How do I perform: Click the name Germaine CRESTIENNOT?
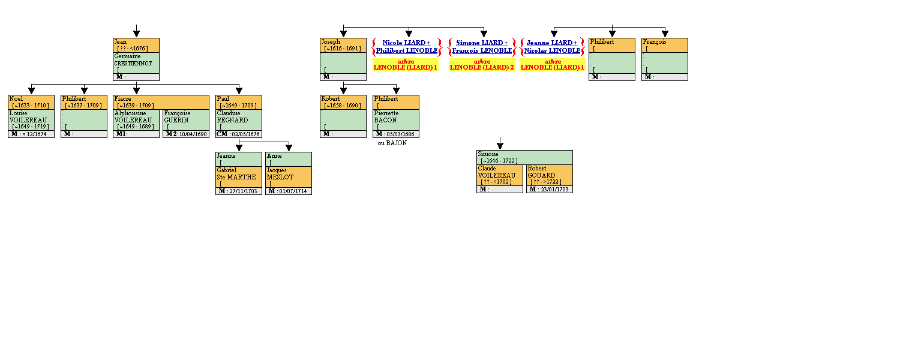[x=133, y=59]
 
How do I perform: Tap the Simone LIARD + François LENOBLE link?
[x=482, y=47]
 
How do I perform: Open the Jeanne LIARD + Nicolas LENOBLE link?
[x=552, y=47]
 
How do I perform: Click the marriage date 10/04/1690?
[x=193, y=134]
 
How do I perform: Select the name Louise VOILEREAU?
[x=28, y=116]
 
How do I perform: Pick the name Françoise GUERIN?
[x=178, y=116]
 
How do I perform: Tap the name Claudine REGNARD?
[x=232, y=116]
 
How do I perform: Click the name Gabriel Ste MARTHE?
[x=236, y=173]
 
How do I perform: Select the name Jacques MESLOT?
[x=280, y=173]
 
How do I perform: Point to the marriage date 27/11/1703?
[x=243, y=191]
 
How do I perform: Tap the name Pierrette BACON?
[x=386, y=116]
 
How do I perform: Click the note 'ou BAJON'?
[x=392, y=143]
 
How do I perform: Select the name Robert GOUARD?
[x=541, y=172]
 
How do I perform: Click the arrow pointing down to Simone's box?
[x=500, y=144]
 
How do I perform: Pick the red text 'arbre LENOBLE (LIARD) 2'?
[x=482, y=65]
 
